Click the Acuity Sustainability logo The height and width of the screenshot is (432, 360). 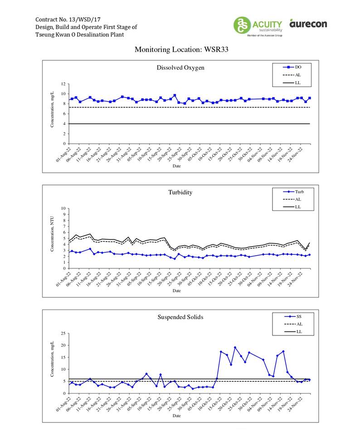pyautogui.click(x=258, y=25)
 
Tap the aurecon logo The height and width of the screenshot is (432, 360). pyautogui.click(x=308, y=23)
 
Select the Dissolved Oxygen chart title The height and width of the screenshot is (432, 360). pyautogui.click(x=180, y=68)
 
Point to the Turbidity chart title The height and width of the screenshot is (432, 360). pyautogui.click(x=180, y=192)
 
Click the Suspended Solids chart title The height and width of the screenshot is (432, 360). pyautogui.click(x=180, y=317)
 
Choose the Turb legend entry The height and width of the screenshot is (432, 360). pyautogui.click(x=294, y=192)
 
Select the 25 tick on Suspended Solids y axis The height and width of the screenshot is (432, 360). pyautogui.click(x=64, y=333)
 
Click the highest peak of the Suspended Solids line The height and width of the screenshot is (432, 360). pyautogui.click(x=235, y=347)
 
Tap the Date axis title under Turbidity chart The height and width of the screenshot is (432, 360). pyautogui.click(x=176, y=290)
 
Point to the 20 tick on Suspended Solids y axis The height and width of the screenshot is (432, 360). pyautogui.click(x=64, y=345)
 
